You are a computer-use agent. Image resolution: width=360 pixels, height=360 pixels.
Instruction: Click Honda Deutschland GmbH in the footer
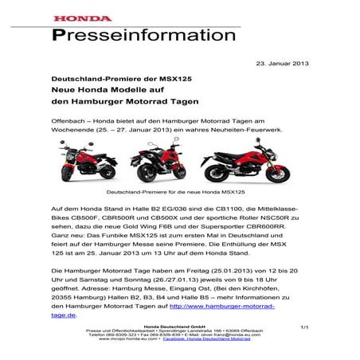[178, 328]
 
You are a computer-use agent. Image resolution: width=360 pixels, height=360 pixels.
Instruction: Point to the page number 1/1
[303, 327]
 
